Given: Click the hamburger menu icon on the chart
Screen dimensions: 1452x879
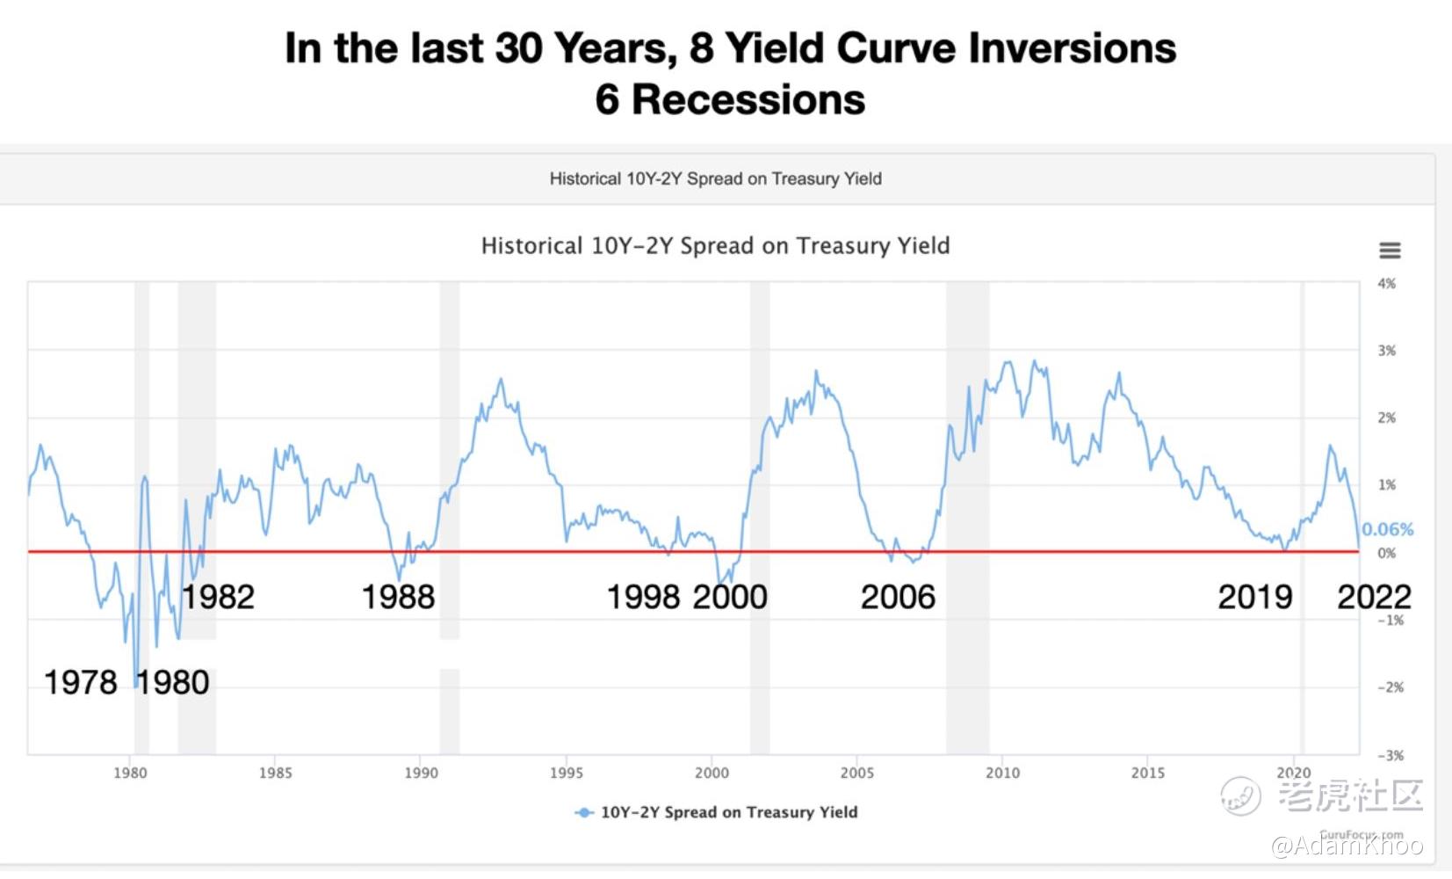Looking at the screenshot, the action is click(x=1389, y=250).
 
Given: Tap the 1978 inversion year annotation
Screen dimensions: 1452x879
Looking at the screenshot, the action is click(x=81, y=682).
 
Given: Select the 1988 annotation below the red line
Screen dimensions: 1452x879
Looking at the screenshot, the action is click(x=398, y=597).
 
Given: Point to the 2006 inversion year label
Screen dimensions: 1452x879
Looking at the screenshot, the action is click(x=898, y=597).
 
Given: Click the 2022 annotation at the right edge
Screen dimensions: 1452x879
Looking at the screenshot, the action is click(x=1374, y=597).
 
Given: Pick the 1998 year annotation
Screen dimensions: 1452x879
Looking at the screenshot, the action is click(x=643, y=597).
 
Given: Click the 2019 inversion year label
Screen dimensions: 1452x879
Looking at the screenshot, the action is click(x=1255, y=597).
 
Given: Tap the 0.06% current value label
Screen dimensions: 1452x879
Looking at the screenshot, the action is click(x=1387, y=529).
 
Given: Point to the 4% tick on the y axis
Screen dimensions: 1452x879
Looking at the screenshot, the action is click(x=1386, y=284).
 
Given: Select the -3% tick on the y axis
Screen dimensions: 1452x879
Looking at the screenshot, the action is click(x=1391, y=755).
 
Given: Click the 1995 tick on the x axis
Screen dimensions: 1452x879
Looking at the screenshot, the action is click(x=567, y=773).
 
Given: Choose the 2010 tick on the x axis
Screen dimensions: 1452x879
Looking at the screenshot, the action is click(x=1003, y=773).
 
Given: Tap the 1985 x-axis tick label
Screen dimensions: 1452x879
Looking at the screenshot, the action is click(x=276, y=773).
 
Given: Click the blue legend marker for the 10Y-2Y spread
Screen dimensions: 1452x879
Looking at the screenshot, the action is click(x=584, y=812).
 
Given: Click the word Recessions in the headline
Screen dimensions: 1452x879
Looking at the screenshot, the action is click(x=748, y=99).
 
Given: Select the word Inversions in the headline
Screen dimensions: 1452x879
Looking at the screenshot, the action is click(x=1073, y=48).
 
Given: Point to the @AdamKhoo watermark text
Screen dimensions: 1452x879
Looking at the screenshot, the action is click(x=1347, y=846).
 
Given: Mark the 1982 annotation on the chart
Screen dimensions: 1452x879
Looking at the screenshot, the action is click(x=218, y=597).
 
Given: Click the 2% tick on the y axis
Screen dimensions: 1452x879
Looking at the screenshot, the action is click(x=1386, y=418).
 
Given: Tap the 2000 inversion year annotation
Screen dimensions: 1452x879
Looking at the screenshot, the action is click(x=730, y=597).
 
